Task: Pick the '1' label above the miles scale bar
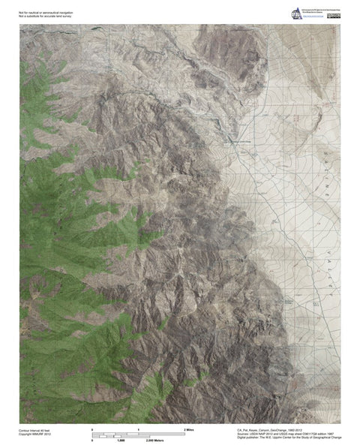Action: pyautogui.click(x=139, y=428)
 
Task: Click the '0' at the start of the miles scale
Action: pyautogui.click(x=92, y=428)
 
